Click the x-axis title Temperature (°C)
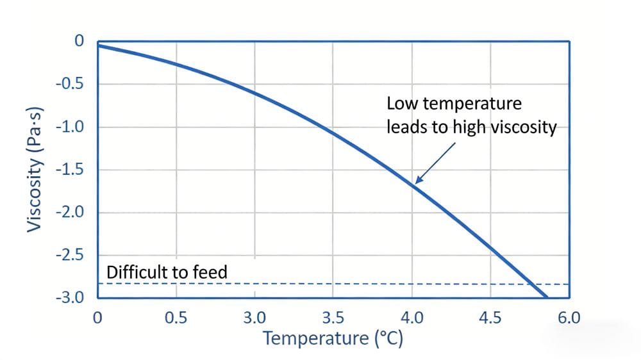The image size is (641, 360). click(332, 338)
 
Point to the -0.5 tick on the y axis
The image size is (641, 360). click(71, 84)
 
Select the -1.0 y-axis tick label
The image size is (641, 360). click(71, 127)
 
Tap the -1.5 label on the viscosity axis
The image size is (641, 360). click(71, 170)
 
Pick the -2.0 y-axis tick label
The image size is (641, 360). click(71, 213)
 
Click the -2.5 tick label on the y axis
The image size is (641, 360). click(71, 256)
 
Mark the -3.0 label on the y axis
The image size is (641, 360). click(71, 298)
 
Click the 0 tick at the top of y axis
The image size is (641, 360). click(79, 41)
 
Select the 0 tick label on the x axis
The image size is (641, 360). click(97, 316)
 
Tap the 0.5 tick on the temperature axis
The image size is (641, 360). click(176, 316)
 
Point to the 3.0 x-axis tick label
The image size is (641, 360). click(254, 316)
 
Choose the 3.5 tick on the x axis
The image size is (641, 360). click(333, 316)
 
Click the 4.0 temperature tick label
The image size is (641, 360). click(412, 316)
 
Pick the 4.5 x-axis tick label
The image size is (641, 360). click(490, 316)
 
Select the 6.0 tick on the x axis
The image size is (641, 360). click(569, 316)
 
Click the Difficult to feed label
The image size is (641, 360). click(167, 273)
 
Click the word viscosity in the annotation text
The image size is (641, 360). click(524, 127)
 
